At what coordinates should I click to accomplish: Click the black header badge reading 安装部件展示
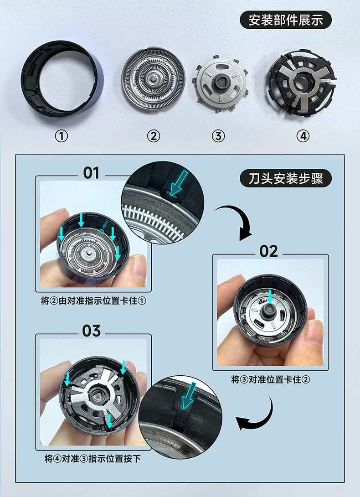(286, 21)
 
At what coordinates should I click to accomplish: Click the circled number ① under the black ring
(62, 136)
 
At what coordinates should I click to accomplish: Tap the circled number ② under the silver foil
(154, 136)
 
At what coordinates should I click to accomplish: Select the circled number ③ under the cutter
(219, 136)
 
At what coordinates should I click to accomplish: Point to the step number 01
(91, 173)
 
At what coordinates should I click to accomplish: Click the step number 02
(268, 251)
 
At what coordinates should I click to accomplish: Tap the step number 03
(91, 331)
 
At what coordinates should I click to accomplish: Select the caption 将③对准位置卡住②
(271, 379)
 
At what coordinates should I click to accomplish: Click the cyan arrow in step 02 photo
(270, 297)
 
